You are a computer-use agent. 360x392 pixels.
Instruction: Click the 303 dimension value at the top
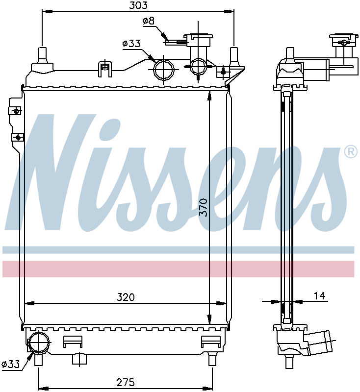pos(138,5)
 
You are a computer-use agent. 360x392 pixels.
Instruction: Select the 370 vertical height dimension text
pos(204,207)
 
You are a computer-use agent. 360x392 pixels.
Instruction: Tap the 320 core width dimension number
pos(126,297)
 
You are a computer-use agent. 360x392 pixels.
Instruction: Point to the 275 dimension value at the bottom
pos(126,382)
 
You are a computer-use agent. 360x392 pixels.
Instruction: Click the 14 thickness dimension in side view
pos(319,296)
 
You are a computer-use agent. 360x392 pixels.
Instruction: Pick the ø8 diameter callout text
pos(149,21)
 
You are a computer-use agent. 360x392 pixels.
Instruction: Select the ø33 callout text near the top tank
pos(131,44)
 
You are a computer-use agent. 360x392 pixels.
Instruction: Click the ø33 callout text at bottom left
pos(10,364)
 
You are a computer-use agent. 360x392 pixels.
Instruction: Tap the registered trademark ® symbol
pos(351,152)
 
